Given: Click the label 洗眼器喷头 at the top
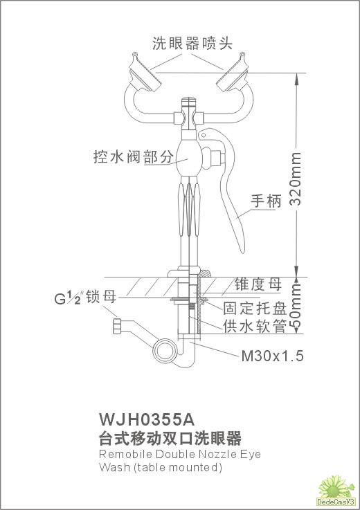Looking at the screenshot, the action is click(x=192, y=44).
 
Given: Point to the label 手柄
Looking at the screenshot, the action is click(x=266, y=201).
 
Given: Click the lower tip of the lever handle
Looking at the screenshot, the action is click(x=242, y=252).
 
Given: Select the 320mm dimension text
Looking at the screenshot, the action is click(x=296, y=179).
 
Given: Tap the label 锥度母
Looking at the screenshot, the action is click(x=258, y=284).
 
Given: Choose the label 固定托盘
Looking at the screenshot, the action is click(x=254, y=308).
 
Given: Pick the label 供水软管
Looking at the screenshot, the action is click(x=254, y=326).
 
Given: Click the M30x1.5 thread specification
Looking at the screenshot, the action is click(x=272, y=356).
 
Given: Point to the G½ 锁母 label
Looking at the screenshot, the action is click(x=85, y=297).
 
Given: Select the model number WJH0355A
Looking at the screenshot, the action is click(x=147, y=419).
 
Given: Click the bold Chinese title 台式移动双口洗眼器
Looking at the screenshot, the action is click(x=170, y=438).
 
